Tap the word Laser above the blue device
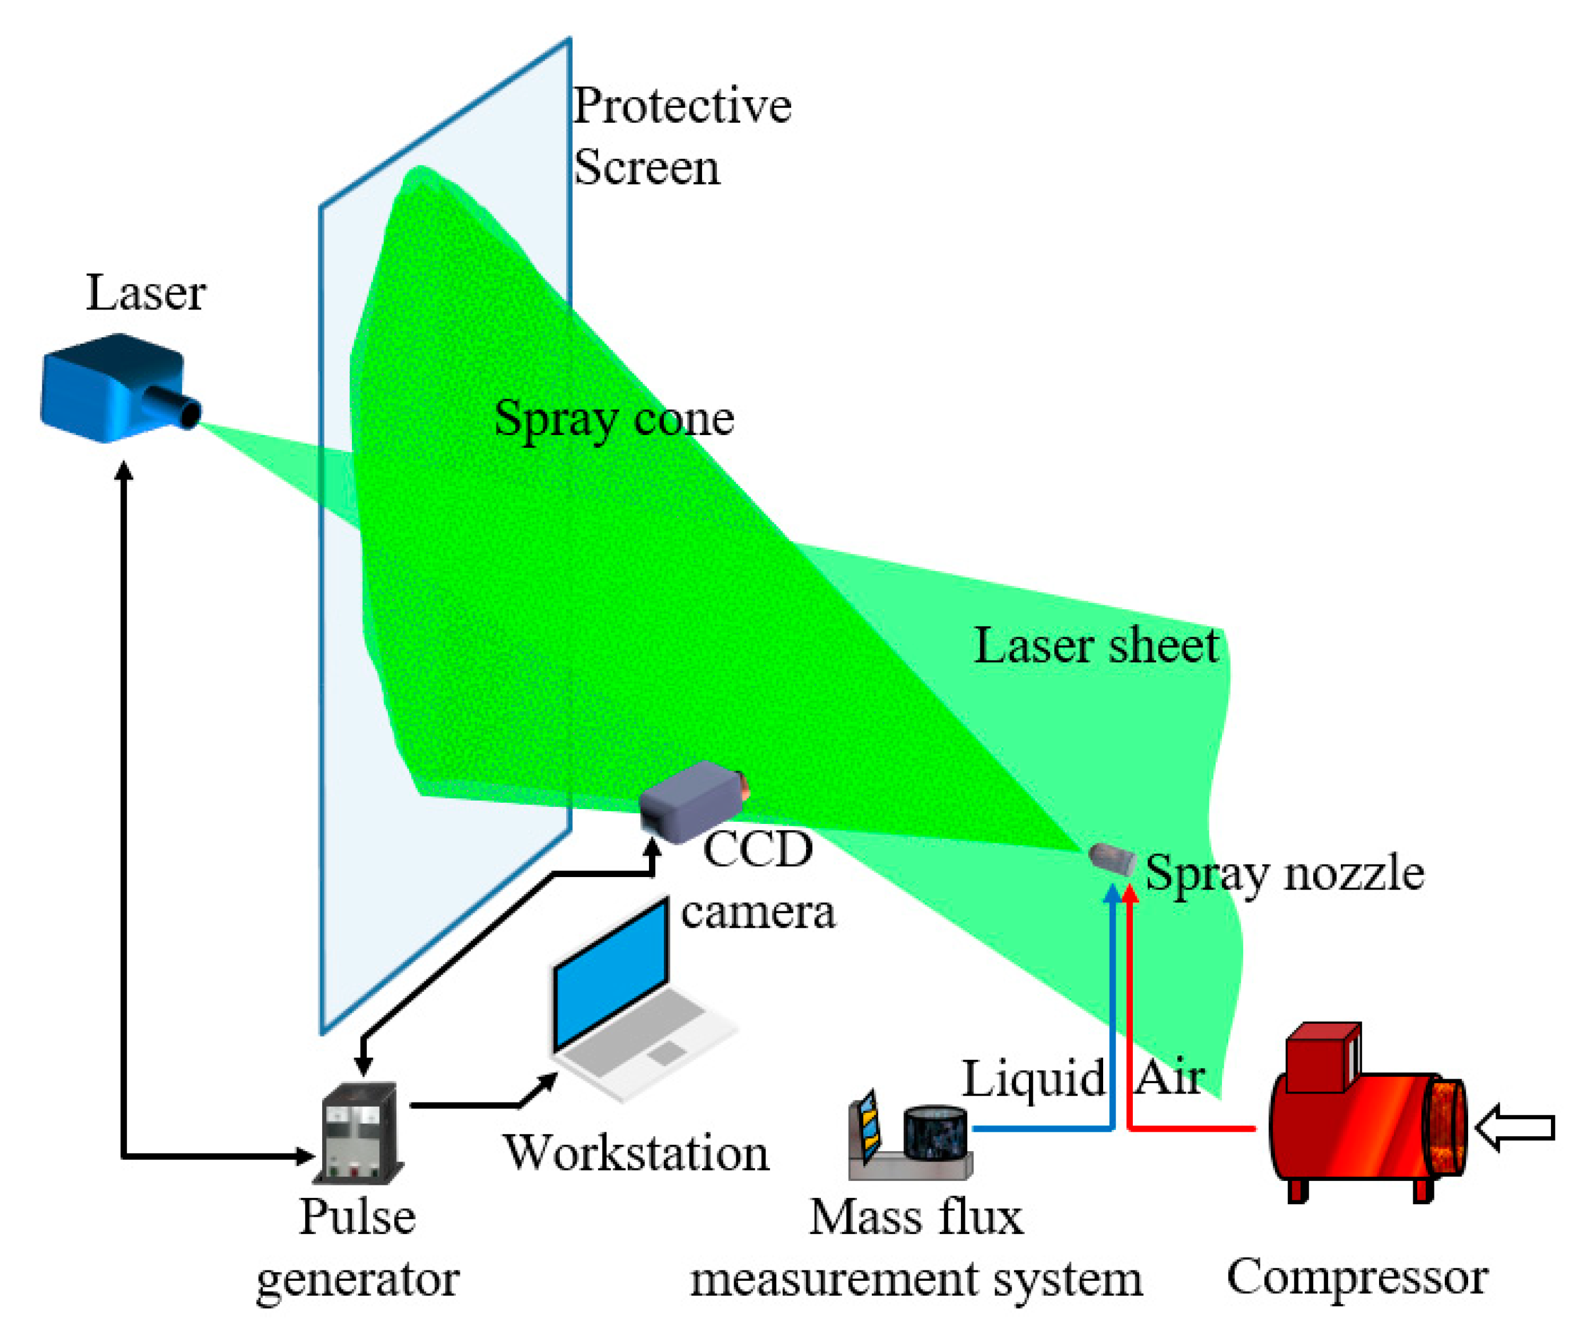point(145,293)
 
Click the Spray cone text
point(613,419)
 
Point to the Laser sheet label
point(1095,646)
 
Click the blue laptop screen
point(612,975)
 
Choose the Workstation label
point(636,1153)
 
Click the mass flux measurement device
point(908,1135)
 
